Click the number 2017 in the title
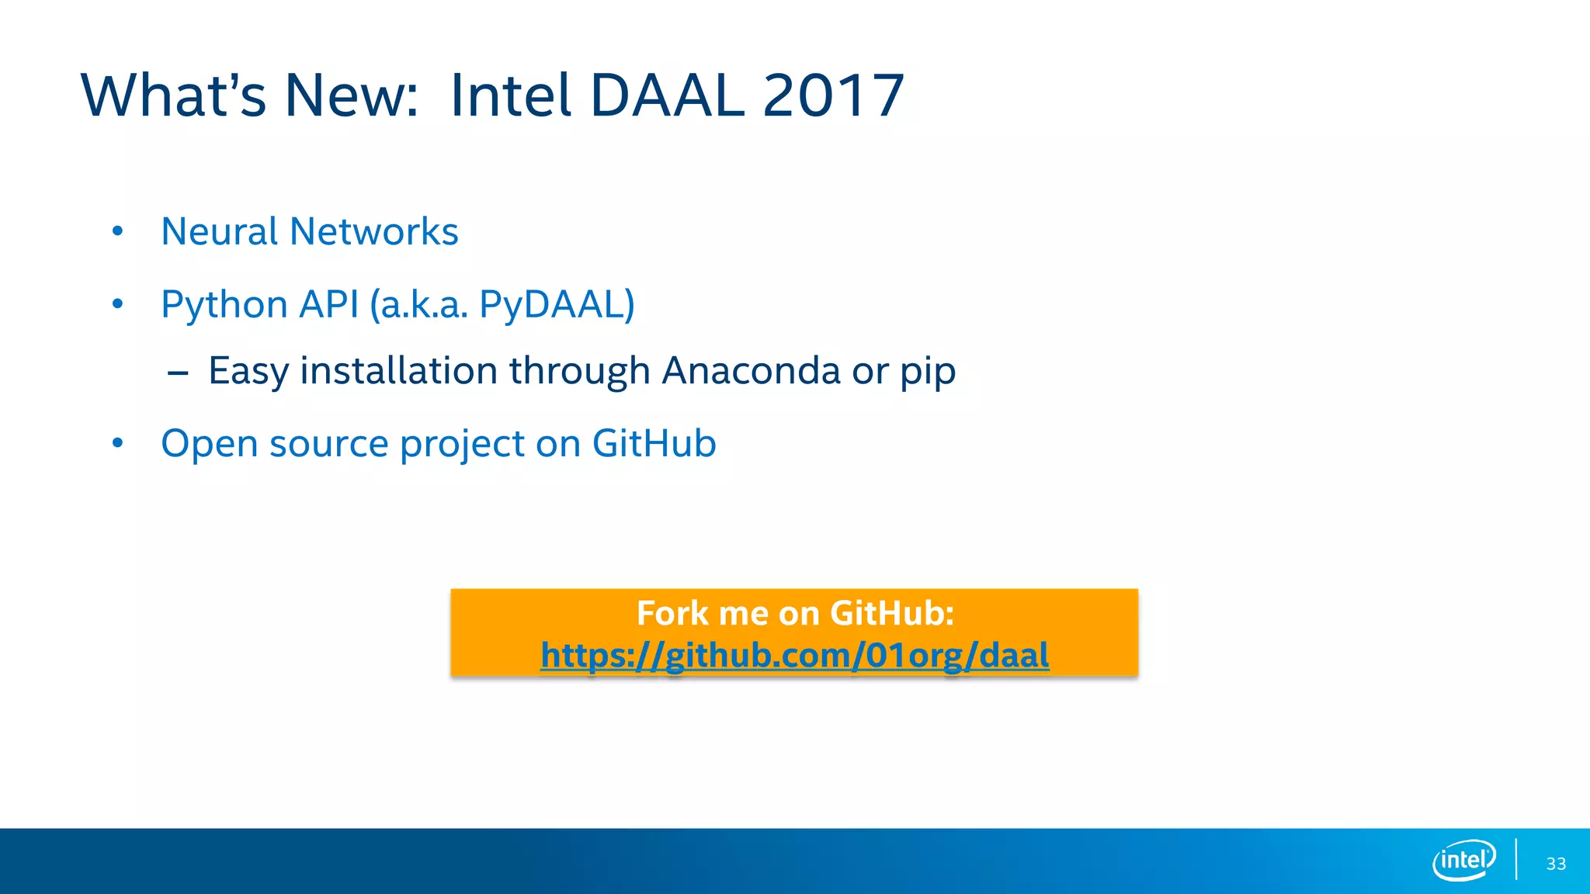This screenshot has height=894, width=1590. pyautogui.click(x=833, y=95)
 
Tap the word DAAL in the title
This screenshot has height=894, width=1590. pyautogui.click(x=666, y=95)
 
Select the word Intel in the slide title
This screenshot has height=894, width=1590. pyautogui.click(x=510, y=95)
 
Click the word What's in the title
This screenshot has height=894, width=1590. pyautogui.click(x=173, y=95)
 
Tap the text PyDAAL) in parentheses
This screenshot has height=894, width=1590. pyautogui.click(x=557, y=304)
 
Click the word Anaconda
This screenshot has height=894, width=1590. pyautogui.click(x=751, y=371)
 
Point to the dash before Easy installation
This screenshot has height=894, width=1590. pyautogui.click(x=178, y=374)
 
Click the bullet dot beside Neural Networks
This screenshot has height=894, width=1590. pyautogui.click(x=117, y=231)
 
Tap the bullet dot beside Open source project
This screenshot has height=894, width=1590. pyautogui.click(x=117, y=443)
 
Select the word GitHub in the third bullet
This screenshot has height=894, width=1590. pyautogui.click(x=654, y=443)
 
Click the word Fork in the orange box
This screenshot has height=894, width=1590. pyautogui.click(x=672, y=613)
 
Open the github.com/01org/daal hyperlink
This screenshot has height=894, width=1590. pyautogui.click(x=794, y=655)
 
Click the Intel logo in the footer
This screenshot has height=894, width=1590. pyautogui.click(x=1463, y=860)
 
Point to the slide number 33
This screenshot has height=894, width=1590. pyautogui.click(x=1556, y=864)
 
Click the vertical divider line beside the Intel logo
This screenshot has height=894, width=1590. pyautogui.click(x=1515, y=859)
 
